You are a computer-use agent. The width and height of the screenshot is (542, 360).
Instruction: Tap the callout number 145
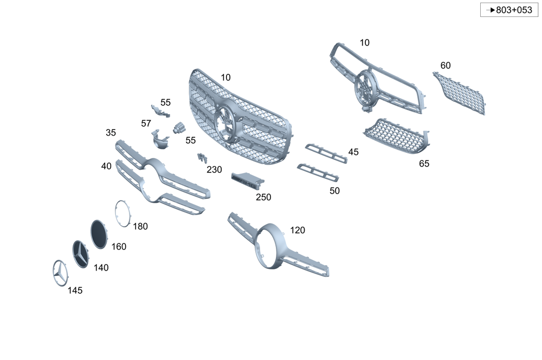coord(75,291)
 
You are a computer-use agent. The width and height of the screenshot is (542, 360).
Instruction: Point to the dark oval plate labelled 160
coord(98,234)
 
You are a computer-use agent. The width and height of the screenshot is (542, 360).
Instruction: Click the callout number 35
coord(111,133)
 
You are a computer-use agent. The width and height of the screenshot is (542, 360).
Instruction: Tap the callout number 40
coord(106,166)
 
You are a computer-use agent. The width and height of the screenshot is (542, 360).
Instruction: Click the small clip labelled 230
coord(202,158)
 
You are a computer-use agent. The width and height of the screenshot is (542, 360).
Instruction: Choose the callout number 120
coord(298,230)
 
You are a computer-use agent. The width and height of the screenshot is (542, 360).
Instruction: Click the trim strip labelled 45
coord(326,153)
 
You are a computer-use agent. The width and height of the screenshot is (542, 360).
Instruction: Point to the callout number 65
coord(424,163)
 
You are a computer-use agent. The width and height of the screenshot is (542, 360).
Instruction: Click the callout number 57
coord(146,124)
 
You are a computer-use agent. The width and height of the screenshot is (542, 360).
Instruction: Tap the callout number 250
coord(263,197)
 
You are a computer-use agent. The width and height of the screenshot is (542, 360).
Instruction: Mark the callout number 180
coord(140,227)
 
